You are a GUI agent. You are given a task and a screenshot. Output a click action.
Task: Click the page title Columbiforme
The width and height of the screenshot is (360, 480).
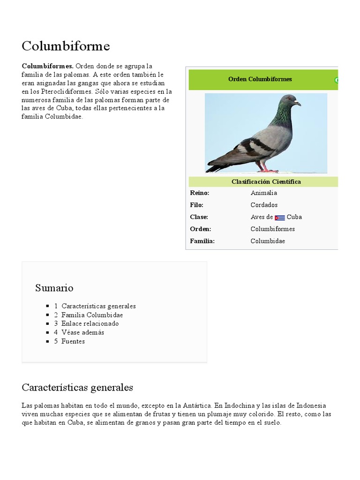[x=66, y=46]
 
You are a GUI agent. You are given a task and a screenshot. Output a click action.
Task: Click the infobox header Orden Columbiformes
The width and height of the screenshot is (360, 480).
[x=260, y=79]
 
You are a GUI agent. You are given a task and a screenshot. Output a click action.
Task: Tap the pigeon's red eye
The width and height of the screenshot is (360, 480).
[x=290, y=98]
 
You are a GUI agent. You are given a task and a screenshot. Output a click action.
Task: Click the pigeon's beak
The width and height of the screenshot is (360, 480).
[x=298, y=103]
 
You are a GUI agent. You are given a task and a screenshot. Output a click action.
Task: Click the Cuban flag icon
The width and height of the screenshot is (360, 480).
[x=280, y=217]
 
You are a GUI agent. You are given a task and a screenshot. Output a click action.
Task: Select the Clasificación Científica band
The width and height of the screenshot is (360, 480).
[x=266, y=182]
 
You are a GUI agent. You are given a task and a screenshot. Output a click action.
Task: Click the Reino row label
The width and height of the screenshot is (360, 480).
[x=199, y=193]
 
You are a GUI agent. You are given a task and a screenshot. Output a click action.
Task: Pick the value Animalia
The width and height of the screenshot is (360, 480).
[x=263, y=193]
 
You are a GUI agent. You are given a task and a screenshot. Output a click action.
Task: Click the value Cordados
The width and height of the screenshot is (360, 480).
[x=264, y=205]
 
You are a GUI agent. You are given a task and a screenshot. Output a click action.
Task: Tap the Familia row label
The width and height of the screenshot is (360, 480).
[x=202, y=241]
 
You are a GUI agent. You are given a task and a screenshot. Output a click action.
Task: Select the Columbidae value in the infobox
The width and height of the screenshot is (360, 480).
[x=268, y=241]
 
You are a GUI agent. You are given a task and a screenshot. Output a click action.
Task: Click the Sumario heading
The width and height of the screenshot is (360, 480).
[x=54, y=288]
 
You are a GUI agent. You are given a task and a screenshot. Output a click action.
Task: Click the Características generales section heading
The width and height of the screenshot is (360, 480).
[x=77, y=388]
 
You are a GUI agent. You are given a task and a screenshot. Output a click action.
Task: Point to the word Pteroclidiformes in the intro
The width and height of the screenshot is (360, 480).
[x=60, y=92]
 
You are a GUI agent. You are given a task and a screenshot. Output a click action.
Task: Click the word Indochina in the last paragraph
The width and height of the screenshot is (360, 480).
[x=240, y=405]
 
